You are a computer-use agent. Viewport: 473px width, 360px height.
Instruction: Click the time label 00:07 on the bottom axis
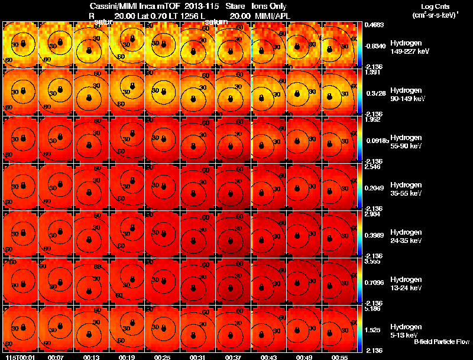56,357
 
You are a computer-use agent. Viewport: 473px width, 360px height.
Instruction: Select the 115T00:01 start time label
17,357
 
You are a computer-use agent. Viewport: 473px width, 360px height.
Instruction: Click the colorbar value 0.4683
374,25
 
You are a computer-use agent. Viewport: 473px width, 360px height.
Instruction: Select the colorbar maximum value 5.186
373,309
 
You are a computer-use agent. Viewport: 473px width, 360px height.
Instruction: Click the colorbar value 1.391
372,72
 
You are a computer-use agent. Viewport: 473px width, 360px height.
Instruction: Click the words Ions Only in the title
269,5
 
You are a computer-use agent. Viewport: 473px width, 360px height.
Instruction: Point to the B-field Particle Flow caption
441,342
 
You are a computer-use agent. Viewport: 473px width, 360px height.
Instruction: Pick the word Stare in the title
235,5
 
